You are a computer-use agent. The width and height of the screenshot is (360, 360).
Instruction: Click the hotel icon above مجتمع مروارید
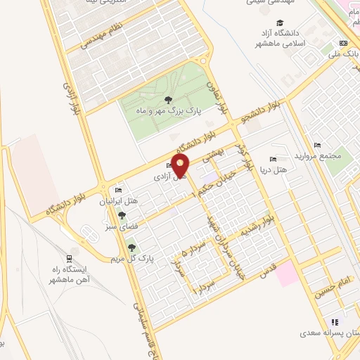317,145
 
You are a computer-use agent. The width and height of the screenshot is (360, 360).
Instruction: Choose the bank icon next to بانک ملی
342,43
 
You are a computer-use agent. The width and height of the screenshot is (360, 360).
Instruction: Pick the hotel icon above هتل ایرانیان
118,191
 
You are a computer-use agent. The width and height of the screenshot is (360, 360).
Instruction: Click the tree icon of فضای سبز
122,215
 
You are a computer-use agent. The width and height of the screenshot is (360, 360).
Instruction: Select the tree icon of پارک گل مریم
131,247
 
